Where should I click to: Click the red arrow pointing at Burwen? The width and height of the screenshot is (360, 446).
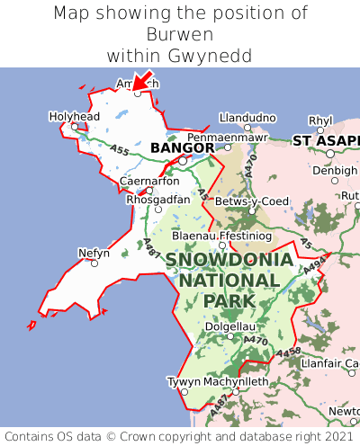tap(142, 80)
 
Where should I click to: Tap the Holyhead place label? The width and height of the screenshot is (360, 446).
tap(74, 117)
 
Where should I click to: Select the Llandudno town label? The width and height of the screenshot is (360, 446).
tap(247, 118)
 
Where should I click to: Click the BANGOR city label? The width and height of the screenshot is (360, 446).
tap(182, 147)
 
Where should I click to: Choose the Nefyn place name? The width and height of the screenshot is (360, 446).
tap(94, 253)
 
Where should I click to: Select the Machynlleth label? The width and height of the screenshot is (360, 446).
tap(236, 381)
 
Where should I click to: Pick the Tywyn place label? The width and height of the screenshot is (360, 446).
tap(183, 381)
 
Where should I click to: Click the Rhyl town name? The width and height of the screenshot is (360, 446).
tap(320, 120)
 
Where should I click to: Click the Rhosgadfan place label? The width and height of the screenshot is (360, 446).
tap(157, 199)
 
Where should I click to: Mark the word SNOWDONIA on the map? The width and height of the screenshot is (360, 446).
tap(229, 260)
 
